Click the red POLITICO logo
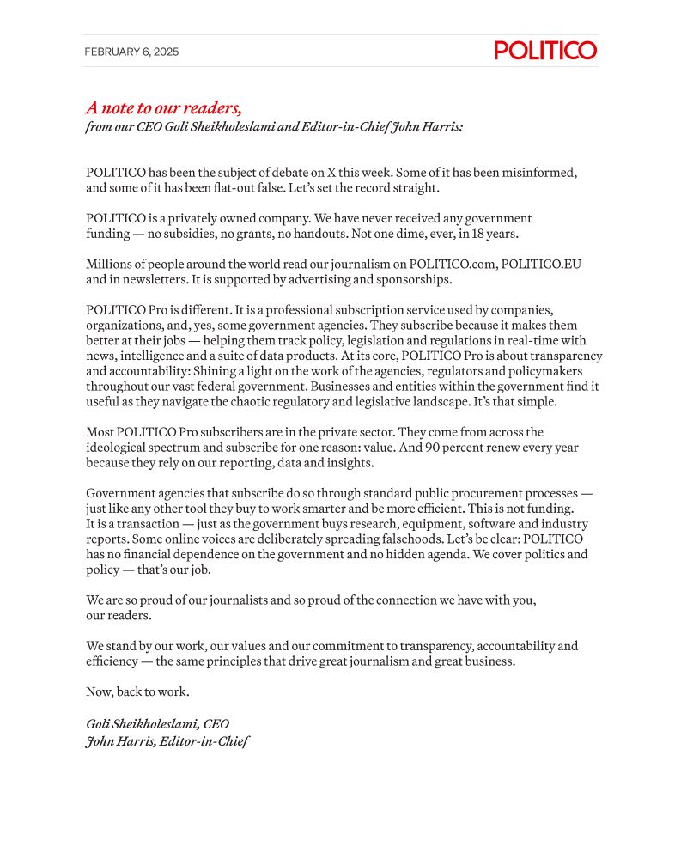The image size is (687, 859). (x=545, y=51)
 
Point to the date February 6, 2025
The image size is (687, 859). (x=131, y=52)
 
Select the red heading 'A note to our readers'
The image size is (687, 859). (x=163, y=108)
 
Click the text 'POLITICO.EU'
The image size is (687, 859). (x=544, y=265)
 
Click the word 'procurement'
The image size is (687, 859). (x=462, y=495)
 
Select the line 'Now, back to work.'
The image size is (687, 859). (x=137, y=692)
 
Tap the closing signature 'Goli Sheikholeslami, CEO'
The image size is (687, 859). (x=157, y=724)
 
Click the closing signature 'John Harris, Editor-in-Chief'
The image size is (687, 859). (x=167, y=741)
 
